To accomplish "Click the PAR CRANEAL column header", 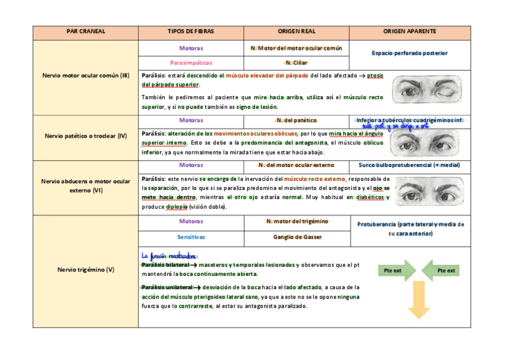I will pyautogui.click(x=85, y=31).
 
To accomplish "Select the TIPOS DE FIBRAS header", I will pyautogui.click(x=191, y=31).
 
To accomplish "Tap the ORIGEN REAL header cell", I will pyautogui.click(x=296, y=31).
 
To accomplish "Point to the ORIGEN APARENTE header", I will pyautogui.click(x=410, y=31).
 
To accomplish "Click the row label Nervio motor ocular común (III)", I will pyautogui.click(x=85, y=76).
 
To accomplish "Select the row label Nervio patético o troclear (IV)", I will pyautogui.click(x=85, y=136).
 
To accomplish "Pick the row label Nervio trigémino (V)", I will pyautogui.click(x=85, y=270).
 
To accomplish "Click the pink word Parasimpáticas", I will pyautogui.click(x=191, y=63).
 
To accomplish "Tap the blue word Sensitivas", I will pyautogui.click(x=191, y=237).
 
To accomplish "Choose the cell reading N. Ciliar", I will pyautogui.click(x=296, y=63).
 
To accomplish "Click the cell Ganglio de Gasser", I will pyautogui.click(x=296, y=237).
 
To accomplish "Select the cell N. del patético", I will pyautogui.click(x=296, y=120).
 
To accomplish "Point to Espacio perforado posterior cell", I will pyautogui.click(x=410, y=53).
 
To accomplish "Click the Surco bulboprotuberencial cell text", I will pyautogui.click(x=410, y=165).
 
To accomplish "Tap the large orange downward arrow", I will pyautogui.click(x=419, y=301).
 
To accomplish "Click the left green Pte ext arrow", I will pyautogui.click(x=396, y=270).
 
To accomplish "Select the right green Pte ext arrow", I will pyautogui.click(x=441, y=270).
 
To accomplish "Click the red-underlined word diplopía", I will pyautogui.click(x=177, y=207).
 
